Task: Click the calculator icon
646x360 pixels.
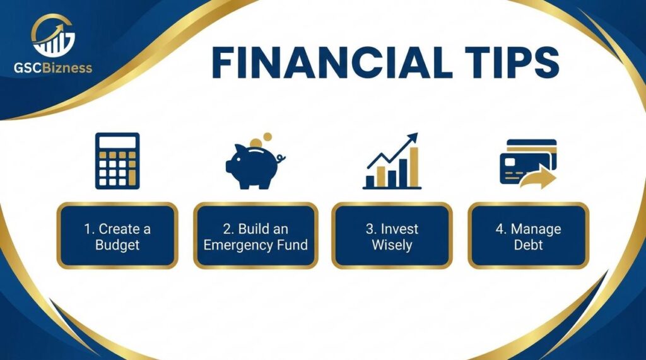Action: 117,161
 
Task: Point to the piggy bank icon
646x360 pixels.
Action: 252,166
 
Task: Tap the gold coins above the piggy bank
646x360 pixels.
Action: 260,140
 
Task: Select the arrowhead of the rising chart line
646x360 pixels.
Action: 413,137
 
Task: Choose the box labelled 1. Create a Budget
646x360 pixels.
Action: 117,236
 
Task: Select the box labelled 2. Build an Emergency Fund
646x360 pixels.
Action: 255,236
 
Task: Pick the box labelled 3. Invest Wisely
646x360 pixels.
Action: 392,236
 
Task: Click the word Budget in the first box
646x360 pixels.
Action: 117,245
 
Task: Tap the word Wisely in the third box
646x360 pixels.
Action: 392,245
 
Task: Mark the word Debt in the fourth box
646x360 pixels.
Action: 528,245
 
